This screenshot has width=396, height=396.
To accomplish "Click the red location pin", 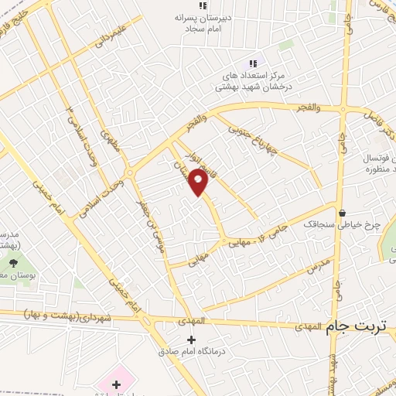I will point(199,183).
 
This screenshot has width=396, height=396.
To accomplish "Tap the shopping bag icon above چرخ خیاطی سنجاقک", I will point(342,212).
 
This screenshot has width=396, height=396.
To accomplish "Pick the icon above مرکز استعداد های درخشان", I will point(252,63).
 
